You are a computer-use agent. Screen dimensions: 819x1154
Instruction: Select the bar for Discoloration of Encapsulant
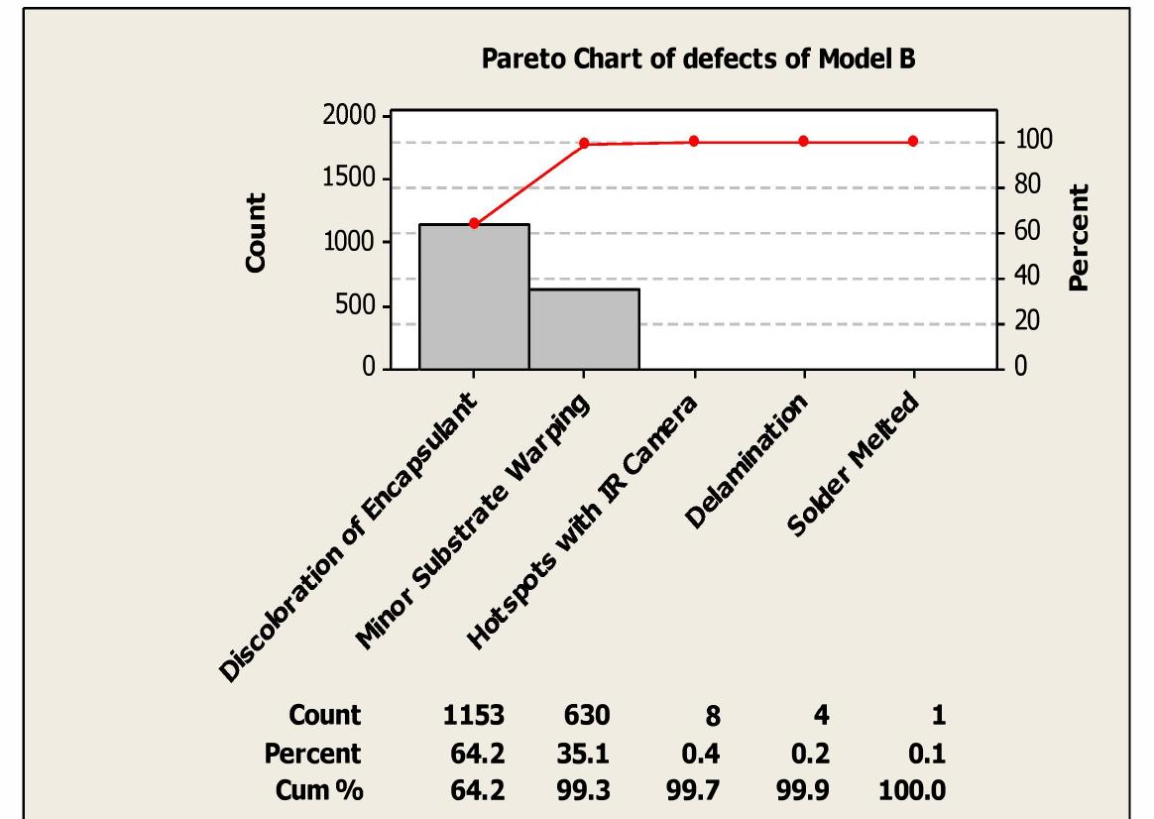474,296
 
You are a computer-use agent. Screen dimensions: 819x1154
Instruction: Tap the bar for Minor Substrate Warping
584,329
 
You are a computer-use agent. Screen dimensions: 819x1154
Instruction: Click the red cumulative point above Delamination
803,141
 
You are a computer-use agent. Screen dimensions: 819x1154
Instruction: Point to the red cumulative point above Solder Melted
912,141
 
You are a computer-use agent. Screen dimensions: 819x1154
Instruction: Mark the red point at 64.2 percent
474,223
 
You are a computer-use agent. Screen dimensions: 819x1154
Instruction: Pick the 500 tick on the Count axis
352,306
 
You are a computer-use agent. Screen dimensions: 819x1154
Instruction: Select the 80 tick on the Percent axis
1023,186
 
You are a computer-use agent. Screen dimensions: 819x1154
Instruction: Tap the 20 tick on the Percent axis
1023,322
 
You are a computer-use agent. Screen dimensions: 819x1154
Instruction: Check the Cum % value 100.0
912,791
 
